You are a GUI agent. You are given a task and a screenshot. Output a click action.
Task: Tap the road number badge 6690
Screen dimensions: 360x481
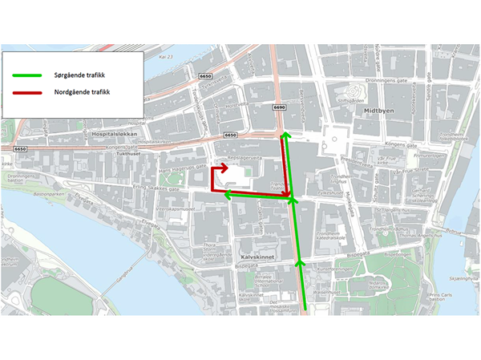279,107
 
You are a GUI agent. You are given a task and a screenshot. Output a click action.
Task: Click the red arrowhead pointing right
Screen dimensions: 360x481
224,169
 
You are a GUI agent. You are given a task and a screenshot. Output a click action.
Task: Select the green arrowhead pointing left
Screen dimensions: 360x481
228,194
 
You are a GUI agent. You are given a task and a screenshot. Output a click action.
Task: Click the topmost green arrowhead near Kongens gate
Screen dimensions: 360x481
283,137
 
